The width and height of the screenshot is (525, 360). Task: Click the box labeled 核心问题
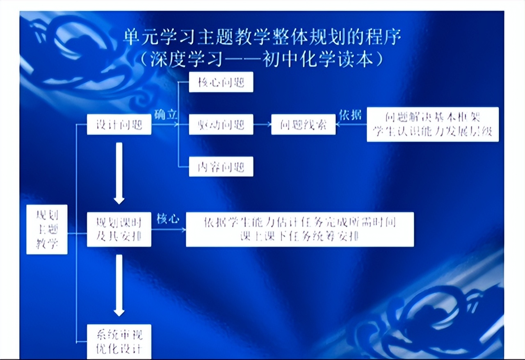pos(221,82)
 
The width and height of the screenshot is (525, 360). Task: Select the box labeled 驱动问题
pos(221,125)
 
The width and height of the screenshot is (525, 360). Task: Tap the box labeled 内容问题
pos(221,166)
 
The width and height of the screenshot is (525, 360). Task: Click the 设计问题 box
pos(119,125)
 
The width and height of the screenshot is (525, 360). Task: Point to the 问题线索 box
pos(303,125)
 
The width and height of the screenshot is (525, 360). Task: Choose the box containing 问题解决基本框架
pos(432,124)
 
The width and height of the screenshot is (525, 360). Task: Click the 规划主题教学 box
pos(47,230)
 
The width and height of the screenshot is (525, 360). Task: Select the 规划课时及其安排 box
pos(119,230)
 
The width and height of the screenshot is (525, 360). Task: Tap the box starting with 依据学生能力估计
pos(300,229)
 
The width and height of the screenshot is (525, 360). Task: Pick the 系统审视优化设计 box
pos(119,341)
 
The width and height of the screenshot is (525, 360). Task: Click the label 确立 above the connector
pos(166,115)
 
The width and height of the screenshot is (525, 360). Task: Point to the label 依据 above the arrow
pos(350,115)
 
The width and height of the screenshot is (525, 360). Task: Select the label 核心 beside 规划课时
pos(168,219)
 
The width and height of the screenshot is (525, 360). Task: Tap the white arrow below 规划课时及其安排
pos(119,285)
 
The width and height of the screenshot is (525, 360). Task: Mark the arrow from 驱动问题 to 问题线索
pos(262,125)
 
